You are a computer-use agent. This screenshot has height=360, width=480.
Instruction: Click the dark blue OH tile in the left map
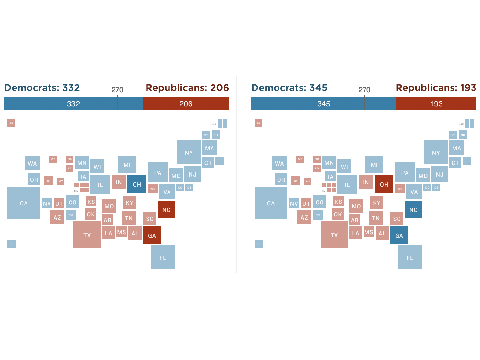(x=137, y=184)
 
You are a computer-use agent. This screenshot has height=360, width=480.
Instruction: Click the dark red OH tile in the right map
(x=384, y=184)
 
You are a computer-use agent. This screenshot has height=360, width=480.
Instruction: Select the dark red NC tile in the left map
(x=166, y=209)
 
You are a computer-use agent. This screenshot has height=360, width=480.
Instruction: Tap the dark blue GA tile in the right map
(x=399, y=235)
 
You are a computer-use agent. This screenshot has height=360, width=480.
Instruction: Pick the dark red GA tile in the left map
(x=152, y=235)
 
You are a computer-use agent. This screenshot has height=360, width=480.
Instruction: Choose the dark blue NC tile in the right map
(x=413, y=209)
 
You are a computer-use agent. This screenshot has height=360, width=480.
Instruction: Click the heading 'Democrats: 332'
(x=42, y=88)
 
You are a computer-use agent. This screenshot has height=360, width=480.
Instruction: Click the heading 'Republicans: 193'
(x=436, y=88)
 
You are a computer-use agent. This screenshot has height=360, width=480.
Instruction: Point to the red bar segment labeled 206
(x=186, y=104)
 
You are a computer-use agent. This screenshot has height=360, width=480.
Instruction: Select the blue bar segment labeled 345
(x=323, y=104)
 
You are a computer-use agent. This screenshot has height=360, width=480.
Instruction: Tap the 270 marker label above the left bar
(x=117, y=90)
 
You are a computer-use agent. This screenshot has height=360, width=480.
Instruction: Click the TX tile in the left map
(x=87, y=235)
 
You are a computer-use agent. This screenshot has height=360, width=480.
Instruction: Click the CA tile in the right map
(x=271, y=203)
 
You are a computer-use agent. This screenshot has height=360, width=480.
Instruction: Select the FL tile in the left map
(x=163, y=257)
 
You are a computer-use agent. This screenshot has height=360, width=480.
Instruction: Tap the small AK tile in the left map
(x=11, y=123)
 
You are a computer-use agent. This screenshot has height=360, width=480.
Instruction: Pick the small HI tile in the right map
(x=259, y=244)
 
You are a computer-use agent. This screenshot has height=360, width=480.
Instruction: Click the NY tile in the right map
(x=436, y=152)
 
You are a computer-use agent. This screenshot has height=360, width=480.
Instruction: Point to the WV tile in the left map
(x=153, y=189)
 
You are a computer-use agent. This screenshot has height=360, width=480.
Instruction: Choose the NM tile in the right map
(x=318, y=215)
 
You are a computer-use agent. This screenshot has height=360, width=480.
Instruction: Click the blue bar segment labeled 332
(x=73, y=104)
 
